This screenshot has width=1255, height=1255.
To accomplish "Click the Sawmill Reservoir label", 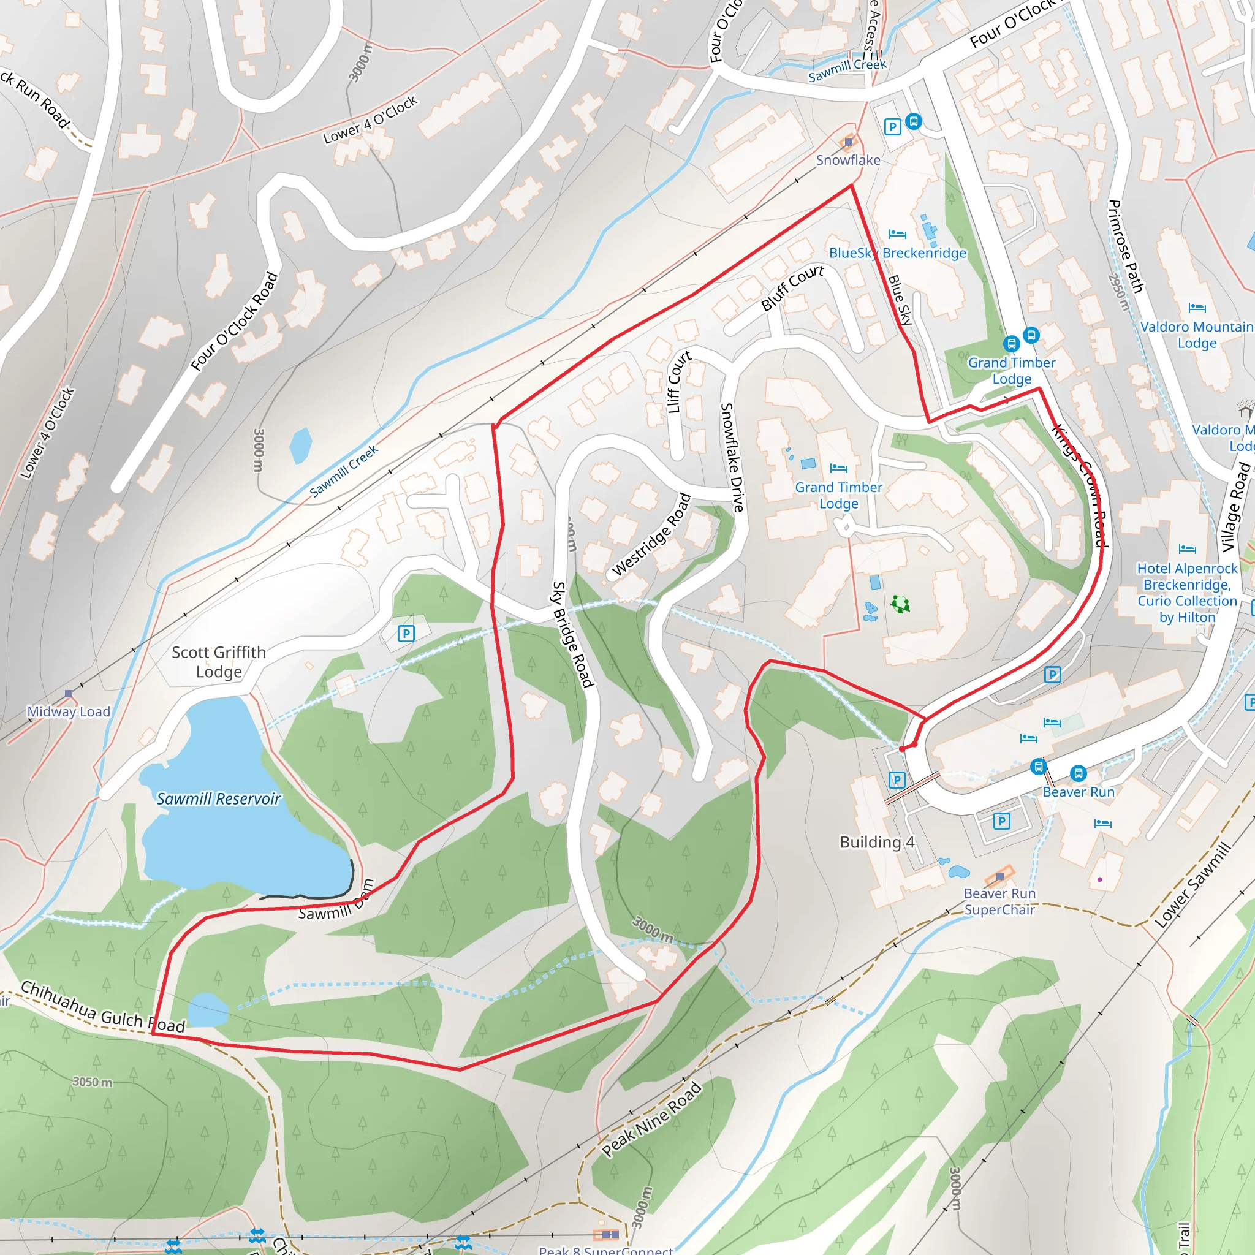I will pos(218,798).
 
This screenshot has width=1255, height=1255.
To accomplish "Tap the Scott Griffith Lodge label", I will pos(219,661).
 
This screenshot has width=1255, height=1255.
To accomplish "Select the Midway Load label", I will pos(69,711).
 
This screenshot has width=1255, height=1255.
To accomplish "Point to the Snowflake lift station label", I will pos(847,160).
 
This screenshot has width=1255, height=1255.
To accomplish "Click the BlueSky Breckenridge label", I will pos(897,252).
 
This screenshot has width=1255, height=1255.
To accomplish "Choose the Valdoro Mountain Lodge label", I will pos(1197,335).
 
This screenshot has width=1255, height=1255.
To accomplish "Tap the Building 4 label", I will pos(877,842).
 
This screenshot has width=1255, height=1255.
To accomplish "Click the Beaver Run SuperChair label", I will pos(999,901).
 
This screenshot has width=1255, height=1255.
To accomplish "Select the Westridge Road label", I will pos(651,534).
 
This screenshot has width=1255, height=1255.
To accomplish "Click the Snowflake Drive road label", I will pos(732,457).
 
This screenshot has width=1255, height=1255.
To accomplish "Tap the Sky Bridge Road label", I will pos(572,634).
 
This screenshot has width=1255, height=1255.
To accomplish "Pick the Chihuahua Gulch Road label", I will pos(102,1007).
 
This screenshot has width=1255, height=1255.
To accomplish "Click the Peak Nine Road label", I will pos(651,1118).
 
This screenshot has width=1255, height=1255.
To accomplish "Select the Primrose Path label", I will pos(1125,246).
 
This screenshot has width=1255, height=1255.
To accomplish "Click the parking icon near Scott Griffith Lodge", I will pos(406,634).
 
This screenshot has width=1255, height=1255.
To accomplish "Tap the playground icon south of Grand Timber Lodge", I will pos(900,604).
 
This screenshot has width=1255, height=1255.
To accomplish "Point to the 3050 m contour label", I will pos(93,1082).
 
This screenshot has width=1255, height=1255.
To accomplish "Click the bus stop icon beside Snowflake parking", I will pos(913,121).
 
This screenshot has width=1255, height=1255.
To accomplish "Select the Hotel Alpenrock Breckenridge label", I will pos(1187,593).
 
